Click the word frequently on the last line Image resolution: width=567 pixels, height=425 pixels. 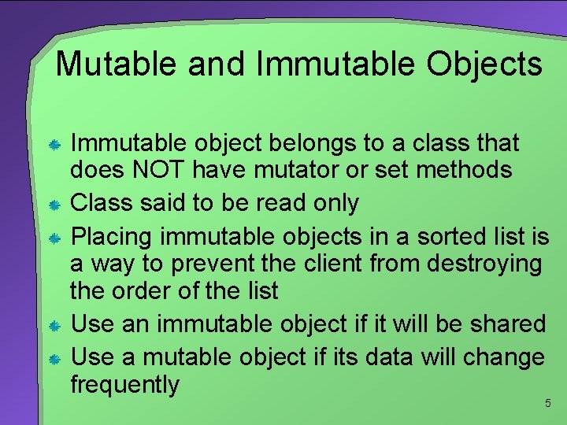click(125, 385)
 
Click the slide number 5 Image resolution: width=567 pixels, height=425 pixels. click(547, 404)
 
